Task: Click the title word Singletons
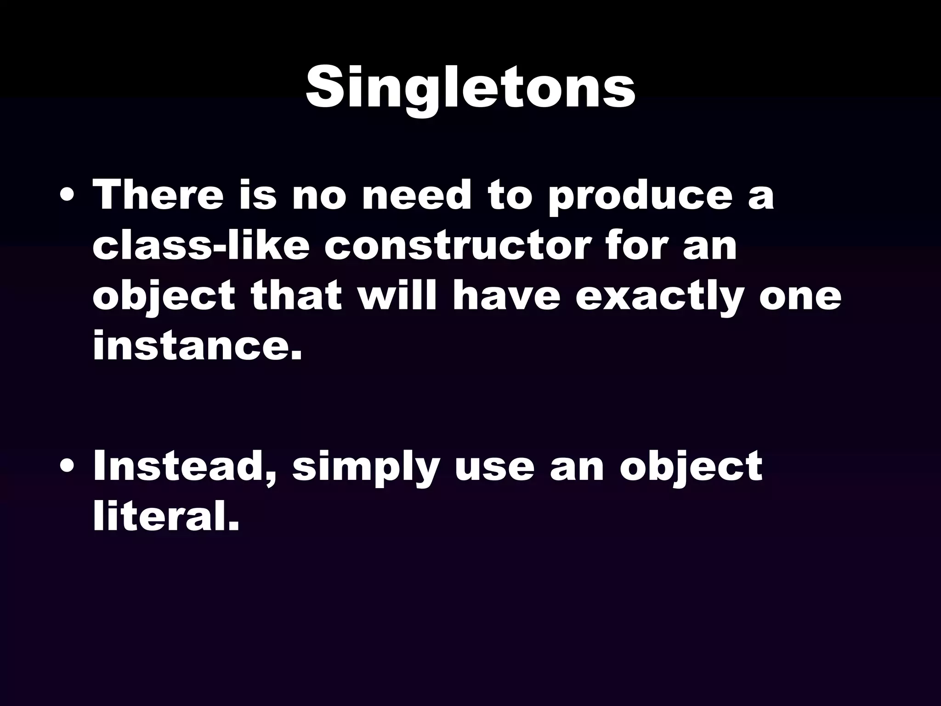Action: click(x=470, y=88)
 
